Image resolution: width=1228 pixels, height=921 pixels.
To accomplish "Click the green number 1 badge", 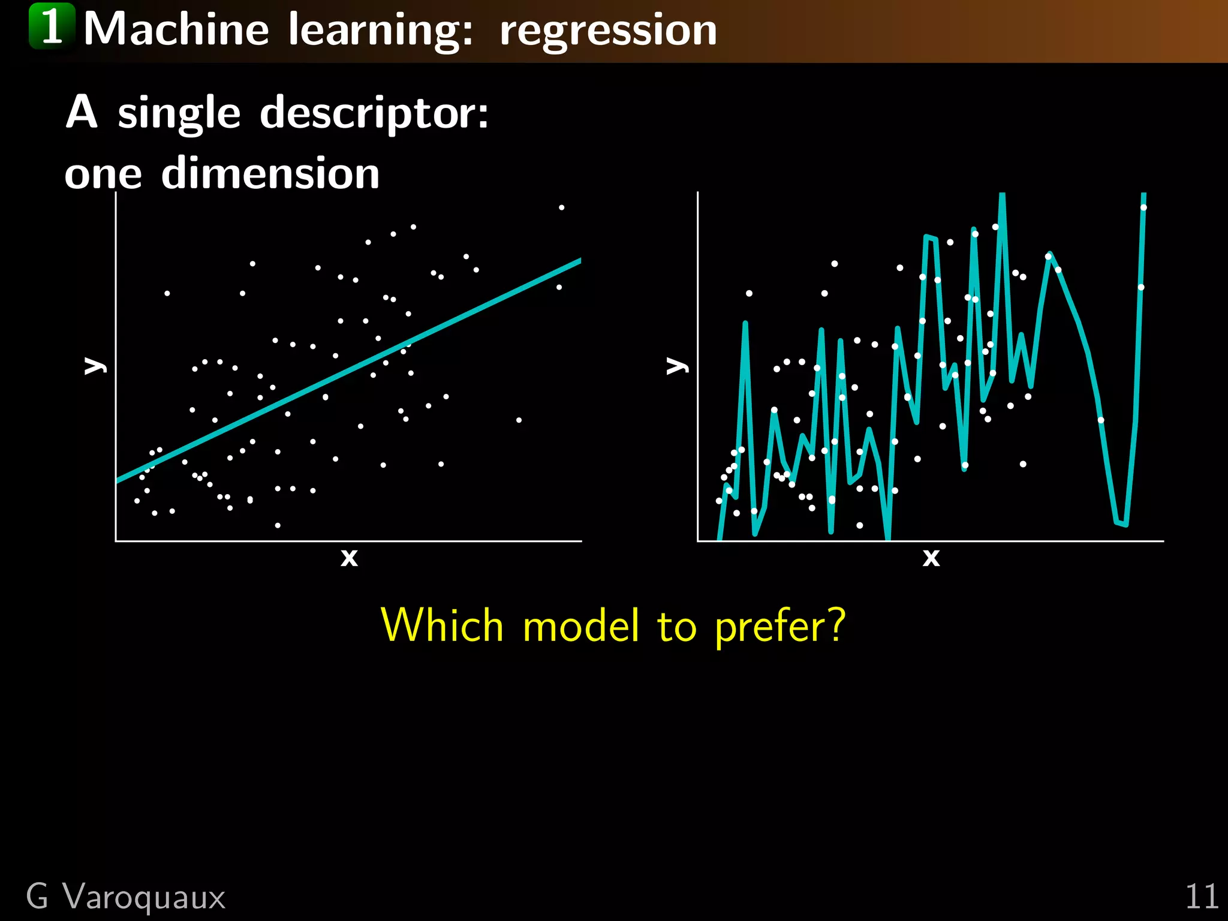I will coord(52,26).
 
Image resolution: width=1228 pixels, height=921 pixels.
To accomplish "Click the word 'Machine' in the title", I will coord(176,30).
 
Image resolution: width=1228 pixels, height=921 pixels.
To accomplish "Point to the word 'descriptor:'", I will coord(374,113).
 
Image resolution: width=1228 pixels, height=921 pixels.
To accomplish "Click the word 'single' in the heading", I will coord(179,114).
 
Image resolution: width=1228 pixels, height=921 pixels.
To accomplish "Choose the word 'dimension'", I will coord(270,173).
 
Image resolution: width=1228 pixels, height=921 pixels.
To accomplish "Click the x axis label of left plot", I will coord(349,558).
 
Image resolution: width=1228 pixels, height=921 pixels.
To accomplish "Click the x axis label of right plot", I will coord(931,558).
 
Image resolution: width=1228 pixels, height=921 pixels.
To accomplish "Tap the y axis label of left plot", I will coord(94,365).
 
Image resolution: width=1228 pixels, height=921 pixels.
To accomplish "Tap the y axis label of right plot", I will coord(676,365).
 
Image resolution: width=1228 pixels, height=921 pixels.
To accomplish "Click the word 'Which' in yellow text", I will coord(442,625).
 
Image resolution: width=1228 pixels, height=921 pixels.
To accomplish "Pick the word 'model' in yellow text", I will coord(580,625).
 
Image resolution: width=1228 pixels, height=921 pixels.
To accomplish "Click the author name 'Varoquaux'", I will coord(144,897).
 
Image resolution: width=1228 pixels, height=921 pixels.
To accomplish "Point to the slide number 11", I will coord(1202,897).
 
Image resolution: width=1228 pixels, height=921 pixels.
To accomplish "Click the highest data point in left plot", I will coord(561,207).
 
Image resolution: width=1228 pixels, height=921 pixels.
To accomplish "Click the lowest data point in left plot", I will coord(278,525).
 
